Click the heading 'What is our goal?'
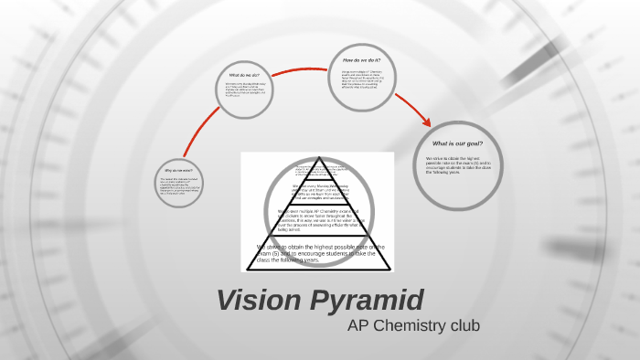tap(457, 143)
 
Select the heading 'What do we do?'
tap(245, 75)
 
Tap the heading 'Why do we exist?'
tap(177, 170)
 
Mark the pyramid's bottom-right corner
tap(391, 270)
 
